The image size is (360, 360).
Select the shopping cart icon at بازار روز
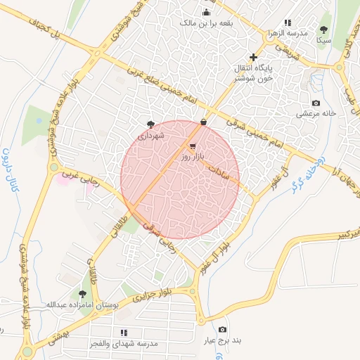[193, 147]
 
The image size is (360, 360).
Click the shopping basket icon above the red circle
[203, 122]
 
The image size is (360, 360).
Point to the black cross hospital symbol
[253, 57]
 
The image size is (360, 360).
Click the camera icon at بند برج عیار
[223, 330]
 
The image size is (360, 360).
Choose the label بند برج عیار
[223, 340]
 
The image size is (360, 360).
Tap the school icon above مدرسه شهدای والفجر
[124, 332]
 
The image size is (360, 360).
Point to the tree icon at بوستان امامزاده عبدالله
[83, 294]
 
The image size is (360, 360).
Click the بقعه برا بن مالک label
[207, 22]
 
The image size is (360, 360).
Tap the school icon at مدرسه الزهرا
[288, 22]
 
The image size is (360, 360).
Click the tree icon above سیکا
[323, 30]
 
